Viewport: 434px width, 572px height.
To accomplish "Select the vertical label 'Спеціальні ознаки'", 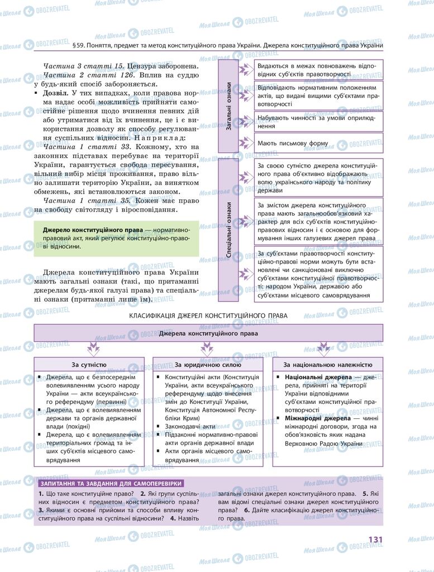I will pyautogui.click(x=228, y=230).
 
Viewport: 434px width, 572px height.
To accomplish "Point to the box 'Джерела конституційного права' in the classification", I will pyautogui.click(x=208, y=333).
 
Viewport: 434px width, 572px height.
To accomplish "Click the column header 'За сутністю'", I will pyautogui.click(x=89, y=365).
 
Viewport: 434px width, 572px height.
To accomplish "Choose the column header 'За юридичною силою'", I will pyautogui.click(x=208, y=365).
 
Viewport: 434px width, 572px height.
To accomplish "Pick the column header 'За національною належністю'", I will pyautogui.click(x=327, y=365).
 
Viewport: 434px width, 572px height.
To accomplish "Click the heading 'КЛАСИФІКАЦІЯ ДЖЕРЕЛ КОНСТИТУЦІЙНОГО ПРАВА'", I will pyautogui.click(x=208, y=316).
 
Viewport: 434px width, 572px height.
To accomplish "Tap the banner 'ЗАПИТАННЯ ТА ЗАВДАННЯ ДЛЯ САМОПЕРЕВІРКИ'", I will pyautogui.click(x=109, y=483).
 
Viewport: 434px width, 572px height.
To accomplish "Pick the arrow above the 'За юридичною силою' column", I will pyautogui.click(x=208, y=350).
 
